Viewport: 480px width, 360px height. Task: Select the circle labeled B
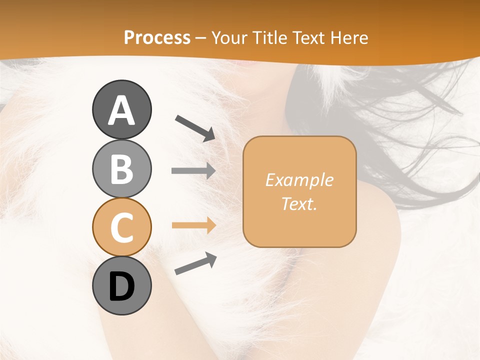tap(121, 168)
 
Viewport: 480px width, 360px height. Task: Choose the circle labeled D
tap(121, 285)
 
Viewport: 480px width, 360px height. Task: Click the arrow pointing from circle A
tap(195, 127)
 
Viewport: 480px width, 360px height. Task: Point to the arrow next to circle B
tap(193, 171)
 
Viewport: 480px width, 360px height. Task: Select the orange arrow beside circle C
tap(193, 225)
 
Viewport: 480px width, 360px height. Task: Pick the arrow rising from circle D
tap(195, 264)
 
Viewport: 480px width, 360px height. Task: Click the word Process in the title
tap(157, 38)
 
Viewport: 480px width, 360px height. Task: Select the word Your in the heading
tap(228, 38)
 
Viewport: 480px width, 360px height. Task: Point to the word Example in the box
tap(299, 180)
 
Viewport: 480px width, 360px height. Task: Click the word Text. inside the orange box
tap(299, 204)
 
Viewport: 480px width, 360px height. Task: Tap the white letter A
tap(121, 110)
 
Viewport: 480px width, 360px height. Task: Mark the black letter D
tap(121, 287)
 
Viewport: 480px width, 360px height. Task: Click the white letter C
tap(121, 227)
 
